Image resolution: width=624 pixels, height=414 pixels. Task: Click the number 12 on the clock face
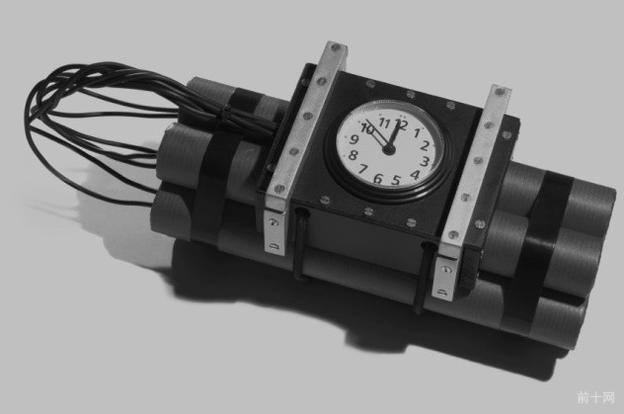tap(401, 125)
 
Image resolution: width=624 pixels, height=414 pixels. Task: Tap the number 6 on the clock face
tap(378, 179)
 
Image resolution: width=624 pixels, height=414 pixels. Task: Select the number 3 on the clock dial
tap(425, 162)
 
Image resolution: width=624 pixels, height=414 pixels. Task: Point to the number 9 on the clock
tap(353, 139)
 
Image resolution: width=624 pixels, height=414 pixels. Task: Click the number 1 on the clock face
tap(417, 132)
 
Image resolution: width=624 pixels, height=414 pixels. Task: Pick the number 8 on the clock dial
tap(352, 155)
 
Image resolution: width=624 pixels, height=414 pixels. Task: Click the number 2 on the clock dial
tap(425, 145)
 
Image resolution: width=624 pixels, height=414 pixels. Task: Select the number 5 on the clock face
tap(395, 181)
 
